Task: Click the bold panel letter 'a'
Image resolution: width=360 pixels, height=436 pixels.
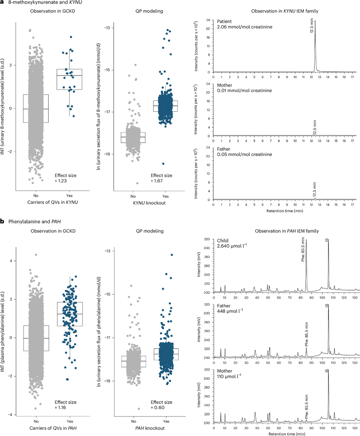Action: coord(2,3)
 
